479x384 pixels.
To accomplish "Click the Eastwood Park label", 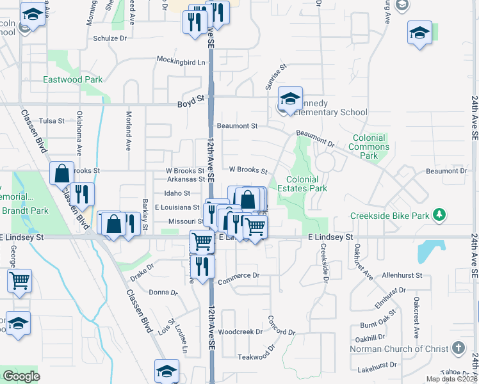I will tap(72, 79).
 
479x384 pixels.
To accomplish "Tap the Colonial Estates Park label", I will tap(307, 184).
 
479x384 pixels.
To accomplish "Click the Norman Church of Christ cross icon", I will tap(457, 348).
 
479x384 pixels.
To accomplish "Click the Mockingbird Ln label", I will tap(183, 62).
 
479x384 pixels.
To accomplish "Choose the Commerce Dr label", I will tap(238, 276).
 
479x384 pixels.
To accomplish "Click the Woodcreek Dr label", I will tap(240, 332).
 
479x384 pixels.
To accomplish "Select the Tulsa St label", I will tap(52, 120).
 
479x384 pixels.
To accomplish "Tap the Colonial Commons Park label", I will tap(368, 147).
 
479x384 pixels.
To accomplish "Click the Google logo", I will tap(21, 376).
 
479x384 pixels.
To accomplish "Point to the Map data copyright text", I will tap(451, 379).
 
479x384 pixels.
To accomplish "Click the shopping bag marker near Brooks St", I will tap(62, 174).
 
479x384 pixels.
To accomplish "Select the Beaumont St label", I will tap(237, 126).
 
